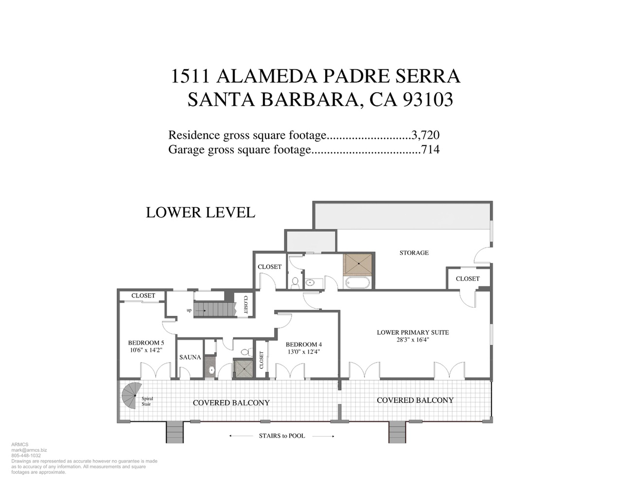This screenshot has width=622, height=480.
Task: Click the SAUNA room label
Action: point(190,357)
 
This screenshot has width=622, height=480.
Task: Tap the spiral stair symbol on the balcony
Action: point(132,396)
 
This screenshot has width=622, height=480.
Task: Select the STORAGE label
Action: point(414,253)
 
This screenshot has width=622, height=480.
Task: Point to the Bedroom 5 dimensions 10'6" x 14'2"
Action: point(146,350)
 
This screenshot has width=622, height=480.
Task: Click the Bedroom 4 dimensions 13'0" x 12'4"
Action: point(304,352)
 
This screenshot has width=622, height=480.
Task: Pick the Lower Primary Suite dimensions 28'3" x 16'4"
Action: point(413,340)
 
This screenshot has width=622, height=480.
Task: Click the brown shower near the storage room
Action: point(358,264)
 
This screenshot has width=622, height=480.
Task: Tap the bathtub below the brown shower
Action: point(358,283)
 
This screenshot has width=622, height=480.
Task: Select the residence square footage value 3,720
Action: point(426,135)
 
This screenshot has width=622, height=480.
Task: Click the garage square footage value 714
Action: point(430,149)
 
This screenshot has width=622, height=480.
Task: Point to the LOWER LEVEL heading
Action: point(200,213)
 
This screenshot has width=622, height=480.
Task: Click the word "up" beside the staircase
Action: point(189,310)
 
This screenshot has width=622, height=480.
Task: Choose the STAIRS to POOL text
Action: point(282,436)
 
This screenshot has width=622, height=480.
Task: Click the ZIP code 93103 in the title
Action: point(428,99)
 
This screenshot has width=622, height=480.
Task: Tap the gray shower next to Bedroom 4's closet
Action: point(243,369)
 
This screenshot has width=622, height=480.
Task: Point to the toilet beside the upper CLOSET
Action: point(295,283)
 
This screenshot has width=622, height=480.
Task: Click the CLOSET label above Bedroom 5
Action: point(143,296)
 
